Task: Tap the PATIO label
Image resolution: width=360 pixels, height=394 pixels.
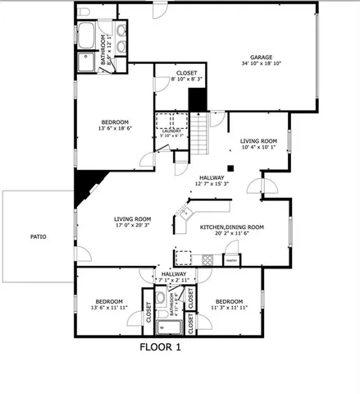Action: click(x=39, y=237)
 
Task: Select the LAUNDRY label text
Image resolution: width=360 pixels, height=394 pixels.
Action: click(x=171, y=130)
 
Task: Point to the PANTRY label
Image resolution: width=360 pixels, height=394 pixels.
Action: click(x=232, y=261)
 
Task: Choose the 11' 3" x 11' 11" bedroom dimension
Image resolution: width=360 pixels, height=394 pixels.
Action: click(x=228, y=308)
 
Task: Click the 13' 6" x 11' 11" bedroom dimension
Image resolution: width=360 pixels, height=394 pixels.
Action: click(x=108, y=308)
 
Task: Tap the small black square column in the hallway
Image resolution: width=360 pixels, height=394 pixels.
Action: click(x=232, y=168)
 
